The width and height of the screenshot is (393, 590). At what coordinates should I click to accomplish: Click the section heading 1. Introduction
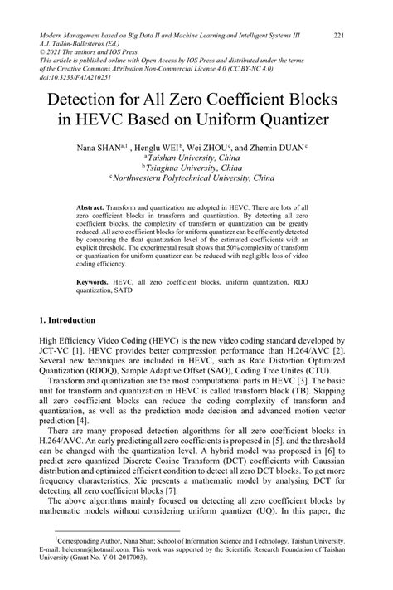click(x=70, y=319)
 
